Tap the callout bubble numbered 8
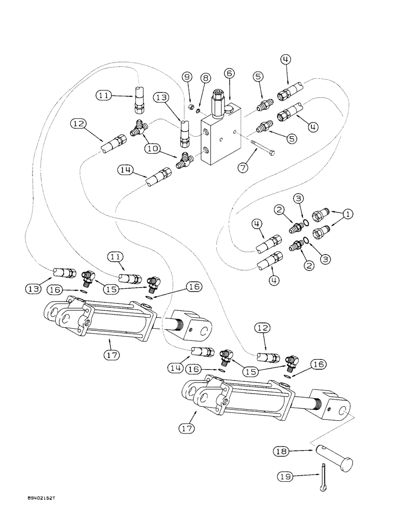tap(205, 77)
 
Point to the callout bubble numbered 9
tap(187, 77)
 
